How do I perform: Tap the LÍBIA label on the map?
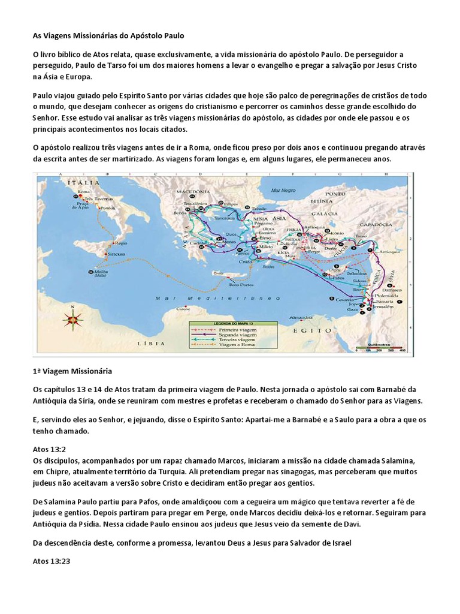coord(150,344)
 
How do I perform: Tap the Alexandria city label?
coord(298,318)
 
